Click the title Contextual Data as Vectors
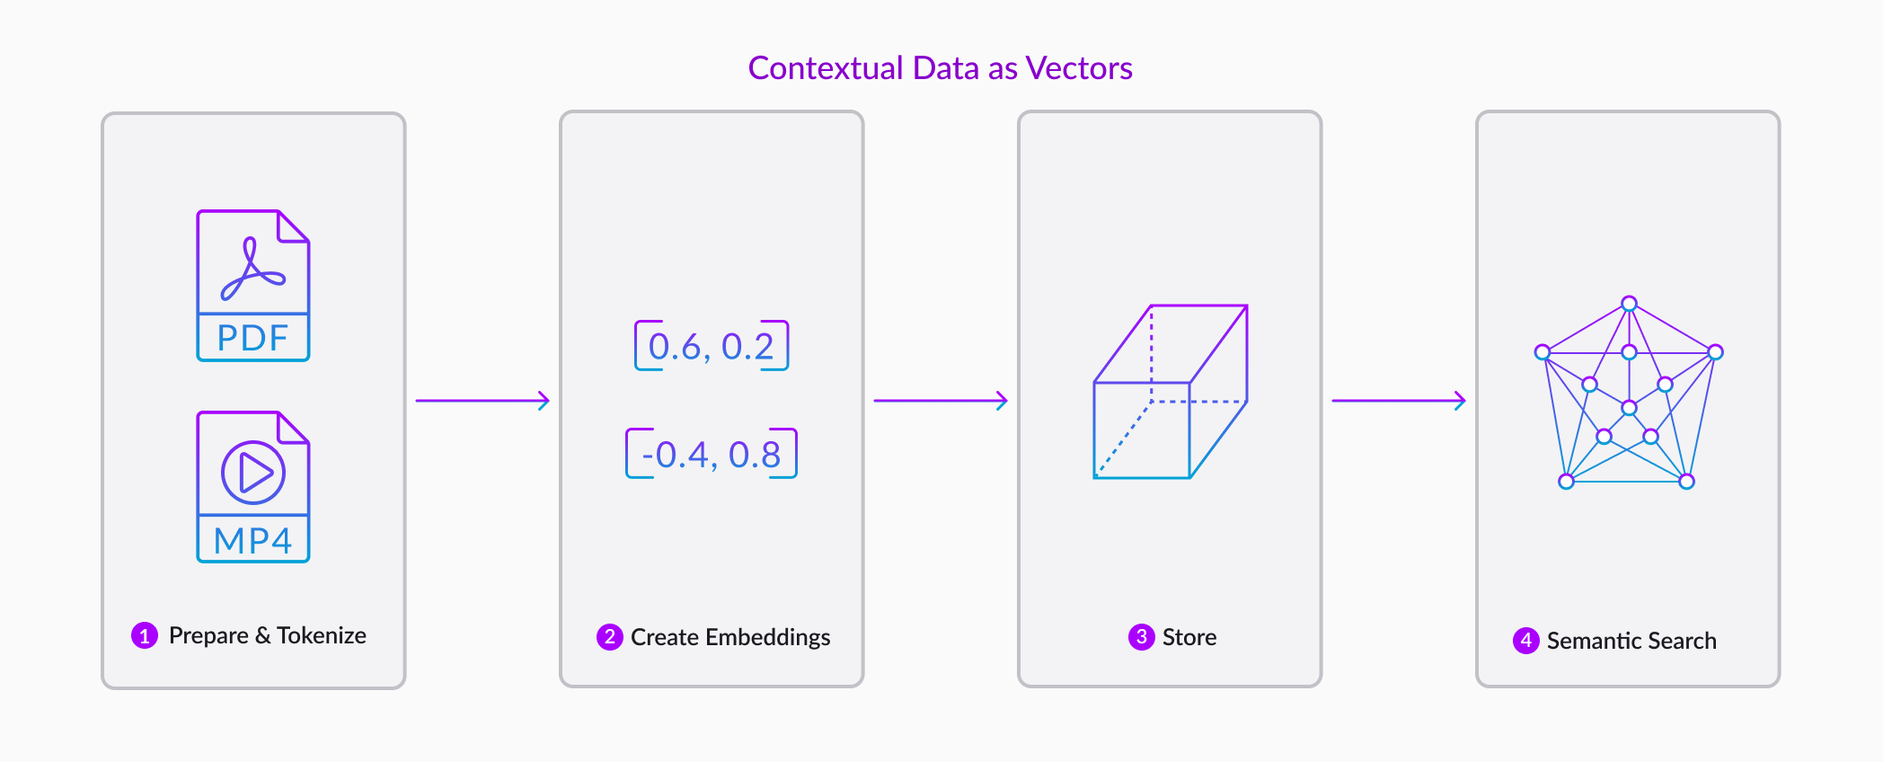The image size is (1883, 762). [941, 68]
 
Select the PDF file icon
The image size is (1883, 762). [253, 286]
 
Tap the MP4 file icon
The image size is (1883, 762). [253, 487]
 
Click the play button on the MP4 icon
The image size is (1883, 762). [253, 472]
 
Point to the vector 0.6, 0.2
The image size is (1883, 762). [712, 346]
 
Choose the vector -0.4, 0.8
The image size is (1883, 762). [712, 454]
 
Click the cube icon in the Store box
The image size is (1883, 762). [1170, 392]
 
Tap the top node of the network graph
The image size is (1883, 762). [1629, 304]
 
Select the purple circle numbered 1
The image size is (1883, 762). [145, 635]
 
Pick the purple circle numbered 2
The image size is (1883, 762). [610, 637]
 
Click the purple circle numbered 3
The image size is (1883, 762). [1142, 637]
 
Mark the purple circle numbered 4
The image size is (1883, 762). [1526, 641]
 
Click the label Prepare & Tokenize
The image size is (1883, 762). [268, 635]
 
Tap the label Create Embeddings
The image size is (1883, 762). [730, 637]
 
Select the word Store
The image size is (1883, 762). [1189, 637]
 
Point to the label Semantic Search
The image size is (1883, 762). [1631, 641]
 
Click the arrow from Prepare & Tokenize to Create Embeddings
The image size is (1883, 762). [482, 401]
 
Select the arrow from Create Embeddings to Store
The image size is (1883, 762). [941, 401]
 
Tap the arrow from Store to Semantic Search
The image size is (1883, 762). [1399, 401]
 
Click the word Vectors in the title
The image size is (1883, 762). [1079, 68]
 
